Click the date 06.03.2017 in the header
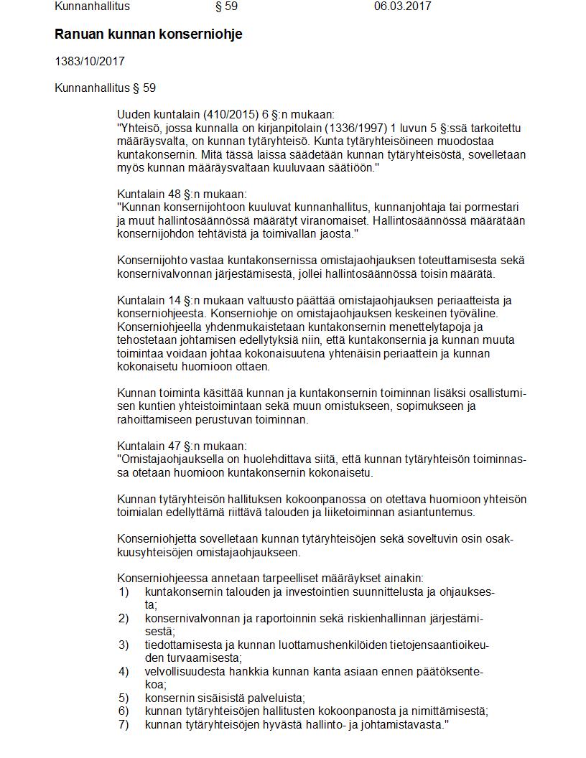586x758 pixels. click(402, 6)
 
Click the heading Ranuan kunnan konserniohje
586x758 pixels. click(149, 34)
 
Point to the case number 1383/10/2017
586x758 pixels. click(90, 62)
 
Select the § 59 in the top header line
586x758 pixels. click(226, 6)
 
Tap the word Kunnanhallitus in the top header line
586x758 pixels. click(93, 6)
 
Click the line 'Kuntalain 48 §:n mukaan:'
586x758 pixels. click(182, 194)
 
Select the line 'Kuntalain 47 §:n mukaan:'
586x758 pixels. click(182, 446)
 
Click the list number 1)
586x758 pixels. click(124, 592)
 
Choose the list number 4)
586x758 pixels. click(124, 671)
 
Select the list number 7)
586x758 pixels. click(124, 724)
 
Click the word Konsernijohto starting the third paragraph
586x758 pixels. click(148, 261)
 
